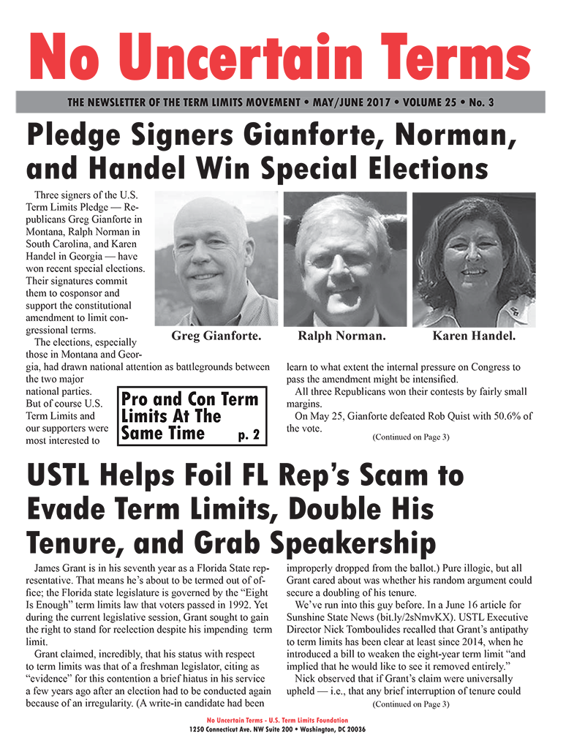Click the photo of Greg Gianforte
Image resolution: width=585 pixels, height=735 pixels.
(x=216, y=259)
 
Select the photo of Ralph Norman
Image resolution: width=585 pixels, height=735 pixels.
(x=344, y=259)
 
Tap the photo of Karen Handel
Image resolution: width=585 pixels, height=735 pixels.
(x=474, y=259)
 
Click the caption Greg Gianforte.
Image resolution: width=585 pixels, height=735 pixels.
(x=216, y=336)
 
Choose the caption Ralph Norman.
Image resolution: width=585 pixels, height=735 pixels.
(x=341, y=336)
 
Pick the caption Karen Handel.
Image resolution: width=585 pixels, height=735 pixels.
(x=474, y=336)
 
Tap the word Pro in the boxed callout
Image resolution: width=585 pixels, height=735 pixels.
(x=137, y=400)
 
